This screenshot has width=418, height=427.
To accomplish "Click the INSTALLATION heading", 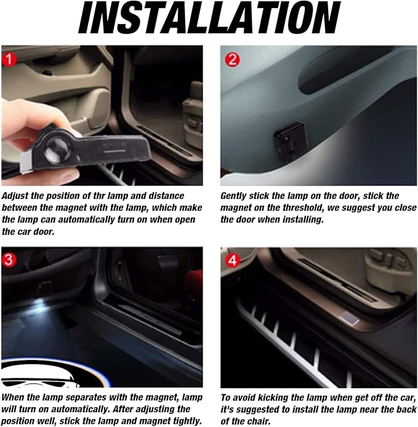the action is pos(209,17).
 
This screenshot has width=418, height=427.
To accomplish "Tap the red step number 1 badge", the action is pos(9,60).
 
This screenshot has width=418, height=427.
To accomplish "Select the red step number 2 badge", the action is pos(233,60).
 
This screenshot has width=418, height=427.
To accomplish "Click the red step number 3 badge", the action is pos(9,259).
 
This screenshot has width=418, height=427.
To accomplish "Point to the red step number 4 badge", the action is pos(233,261).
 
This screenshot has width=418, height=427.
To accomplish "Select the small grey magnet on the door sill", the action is pos(350,318).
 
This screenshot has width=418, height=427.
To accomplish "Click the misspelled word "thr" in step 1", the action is pos(98,195).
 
